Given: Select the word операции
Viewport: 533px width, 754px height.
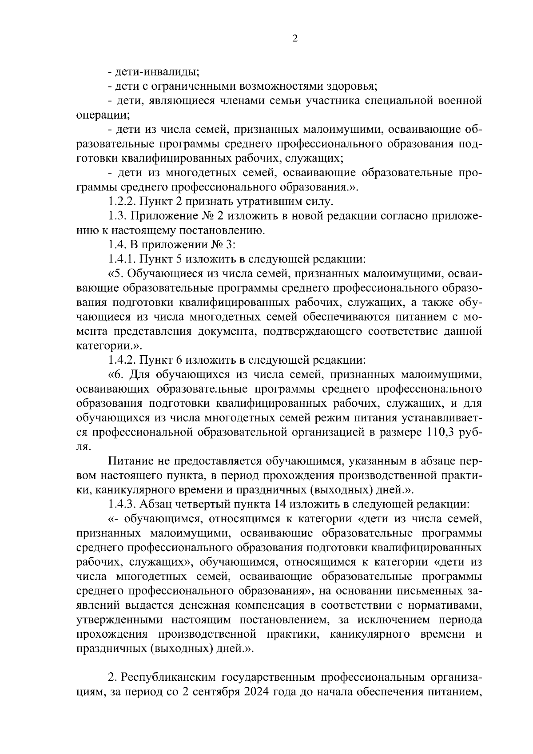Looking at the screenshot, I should coord(102,115).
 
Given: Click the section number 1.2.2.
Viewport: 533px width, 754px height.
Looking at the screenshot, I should coord(122,202).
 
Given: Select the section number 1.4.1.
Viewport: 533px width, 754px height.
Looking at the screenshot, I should coord(122,259).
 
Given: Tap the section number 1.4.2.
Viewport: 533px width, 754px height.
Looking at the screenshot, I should coord(122,360).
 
